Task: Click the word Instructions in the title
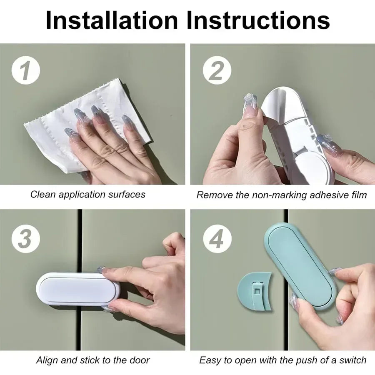point(258,20)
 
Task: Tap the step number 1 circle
point(25,70)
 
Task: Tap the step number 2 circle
point(216,70)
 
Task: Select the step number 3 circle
point(25,240)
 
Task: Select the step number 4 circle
point(216,240)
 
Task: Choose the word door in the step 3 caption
point(139,360)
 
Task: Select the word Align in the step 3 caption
point(46,360)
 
